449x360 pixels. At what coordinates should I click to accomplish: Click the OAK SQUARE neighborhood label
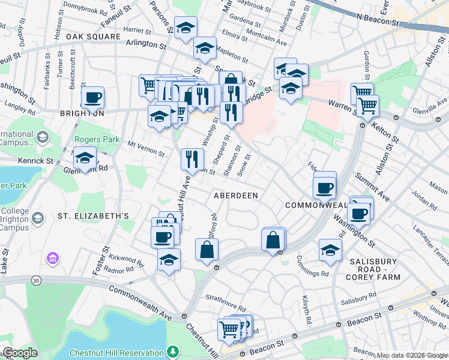[x=93, y=37]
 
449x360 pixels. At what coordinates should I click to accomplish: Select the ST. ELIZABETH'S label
[x=94, y=215]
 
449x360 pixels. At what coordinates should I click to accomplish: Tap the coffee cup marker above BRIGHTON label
[x=92, y=97]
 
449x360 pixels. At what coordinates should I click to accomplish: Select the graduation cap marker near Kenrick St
[x=85, y=158]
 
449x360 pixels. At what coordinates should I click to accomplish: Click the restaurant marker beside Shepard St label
[x=231, y=111]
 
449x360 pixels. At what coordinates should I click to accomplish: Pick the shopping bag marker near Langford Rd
[x=206, y=250]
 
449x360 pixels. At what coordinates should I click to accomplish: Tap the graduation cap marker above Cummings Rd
[x=330, y=250]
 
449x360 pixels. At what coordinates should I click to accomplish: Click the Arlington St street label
[x=146, y=44]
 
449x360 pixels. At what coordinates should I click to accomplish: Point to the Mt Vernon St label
[x=146, y=149]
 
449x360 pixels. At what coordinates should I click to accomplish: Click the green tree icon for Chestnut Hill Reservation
[x=173, y=350]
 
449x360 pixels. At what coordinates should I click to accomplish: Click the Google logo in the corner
[x=20, y=353]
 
